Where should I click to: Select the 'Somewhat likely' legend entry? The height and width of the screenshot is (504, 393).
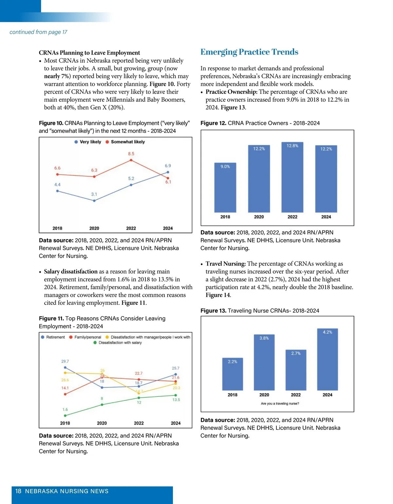[125, 142]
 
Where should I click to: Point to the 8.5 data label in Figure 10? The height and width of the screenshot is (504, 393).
[131, 154]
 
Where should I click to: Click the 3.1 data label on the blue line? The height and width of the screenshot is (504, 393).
[94, 194]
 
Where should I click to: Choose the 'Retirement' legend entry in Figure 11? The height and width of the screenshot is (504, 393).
[53, 337]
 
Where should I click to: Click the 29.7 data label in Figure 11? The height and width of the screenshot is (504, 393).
[65, 361]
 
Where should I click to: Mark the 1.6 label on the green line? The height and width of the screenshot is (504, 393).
[65, 409]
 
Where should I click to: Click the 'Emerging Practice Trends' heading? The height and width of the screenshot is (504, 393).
[249, 52]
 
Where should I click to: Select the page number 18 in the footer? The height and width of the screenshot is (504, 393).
[18, 491]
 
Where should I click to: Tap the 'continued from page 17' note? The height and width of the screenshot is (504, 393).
[38, 32]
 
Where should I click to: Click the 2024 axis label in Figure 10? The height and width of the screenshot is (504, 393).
[168, 228]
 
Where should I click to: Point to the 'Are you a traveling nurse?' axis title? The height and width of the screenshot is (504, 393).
[280, 404]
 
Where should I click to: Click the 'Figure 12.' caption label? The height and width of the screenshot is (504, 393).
[213, 123]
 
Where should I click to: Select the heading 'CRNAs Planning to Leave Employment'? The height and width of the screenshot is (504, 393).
[89, 53]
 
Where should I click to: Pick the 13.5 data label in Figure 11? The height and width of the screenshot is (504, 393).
[176, 400]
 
